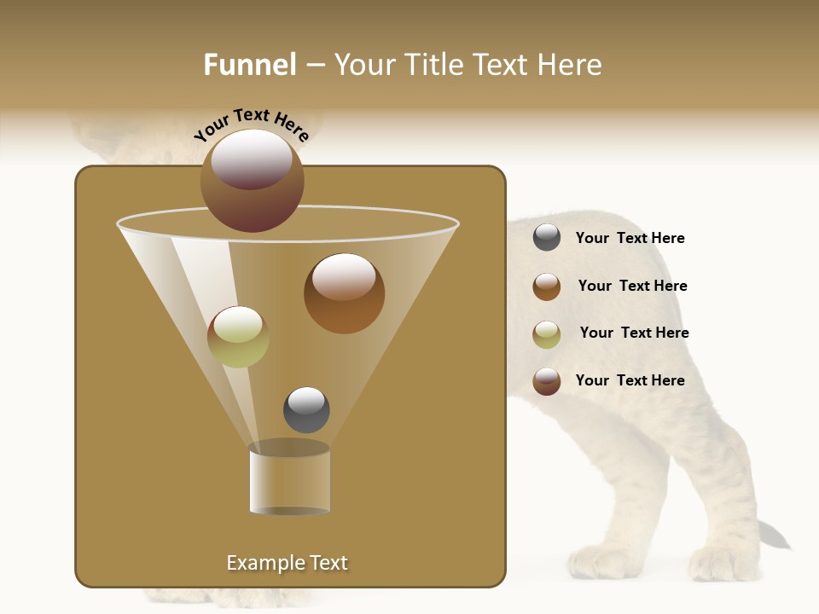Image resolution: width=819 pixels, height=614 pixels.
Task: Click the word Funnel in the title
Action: [250, 65]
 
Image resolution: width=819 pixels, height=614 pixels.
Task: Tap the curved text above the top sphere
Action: [252, 124]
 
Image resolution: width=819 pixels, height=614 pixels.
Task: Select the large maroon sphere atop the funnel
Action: [252, 180]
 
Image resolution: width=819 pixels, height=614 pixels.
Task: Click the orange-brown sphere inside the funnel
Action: [344, 293]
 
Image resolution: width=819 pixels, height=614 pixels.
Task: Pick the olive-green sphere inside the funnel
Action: [238, 337]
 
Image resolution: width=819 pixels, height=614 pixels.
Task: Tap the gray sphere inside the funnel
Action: [306, 409]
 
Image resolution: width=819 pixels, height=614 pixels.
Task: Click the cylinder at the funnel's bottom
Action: [289, 479]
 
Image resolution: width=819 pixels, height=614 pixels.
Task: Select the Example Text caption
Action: [287, 563]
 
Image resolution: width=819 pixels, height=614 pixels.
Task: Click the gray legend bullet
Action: [547, 238]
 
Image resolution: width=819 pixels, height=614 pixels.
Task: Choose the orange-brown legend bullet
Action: [547, 287]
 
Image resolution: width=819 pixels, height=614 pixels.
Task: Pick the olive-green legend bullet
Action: [547, 334]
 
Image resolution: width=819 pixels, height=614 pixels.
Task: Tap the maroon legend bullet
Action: [547, 381]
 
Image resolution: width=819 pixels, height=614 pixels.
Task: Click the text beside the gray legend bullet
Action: [630, 238]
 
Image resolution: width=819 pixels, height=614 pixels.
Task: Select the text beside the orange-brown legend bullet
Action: [632, 286]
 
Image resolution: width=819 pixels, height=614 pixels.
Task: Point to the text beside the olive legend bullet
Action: [634, 333]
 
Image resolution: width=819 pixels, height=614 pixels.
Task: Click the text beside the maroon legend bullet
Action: [630, 380]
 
